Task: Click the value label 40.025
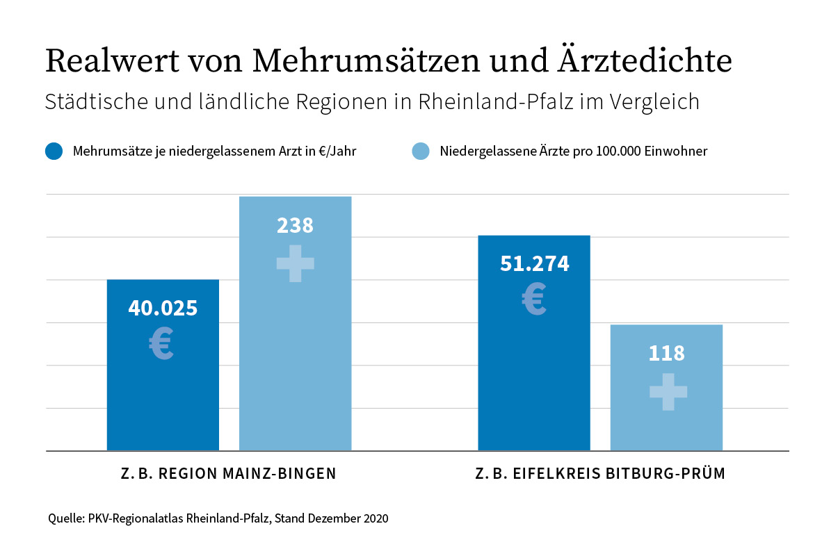coord(163,309)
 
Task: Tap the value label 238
coord(295,226)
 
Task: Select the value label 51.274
coord(534,264)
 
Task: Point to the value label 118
coord(666,353)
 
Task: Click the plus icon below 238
coord(295,263)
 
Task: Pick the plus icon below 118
coord(668,392)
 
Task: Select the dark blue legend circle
coord(54,151)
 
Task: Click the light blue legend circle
coord(421,151)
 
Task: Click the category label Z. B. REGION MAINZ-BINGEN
coord(228,474)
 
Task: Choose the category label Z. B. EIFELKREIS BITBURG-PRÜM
coord(600,474)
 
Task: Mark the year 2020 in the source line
coord(374,518)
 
